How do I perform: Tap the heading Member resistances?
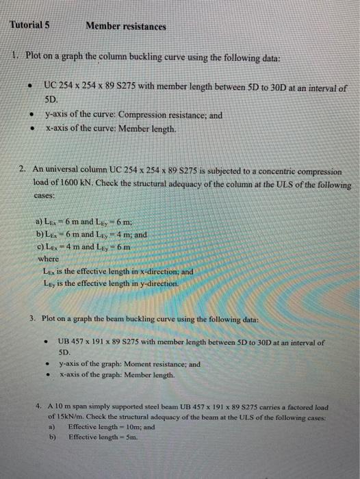126,27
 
